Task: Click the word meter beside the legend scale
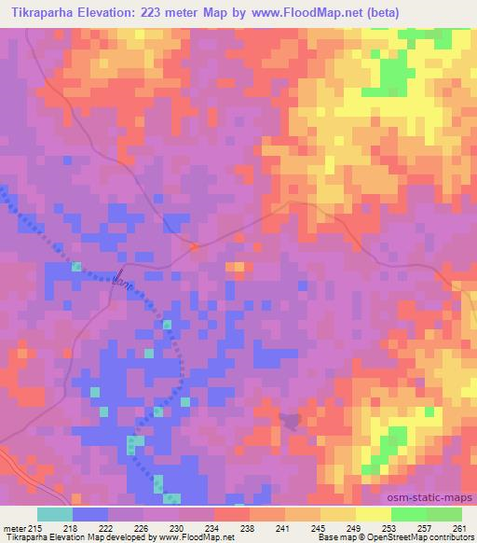click(13, 527)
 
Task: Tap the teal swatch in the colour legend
click(55, 514)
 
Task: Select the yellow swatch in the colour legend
click(374, 514)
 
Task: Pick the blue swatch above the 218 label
click(90, 514)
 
